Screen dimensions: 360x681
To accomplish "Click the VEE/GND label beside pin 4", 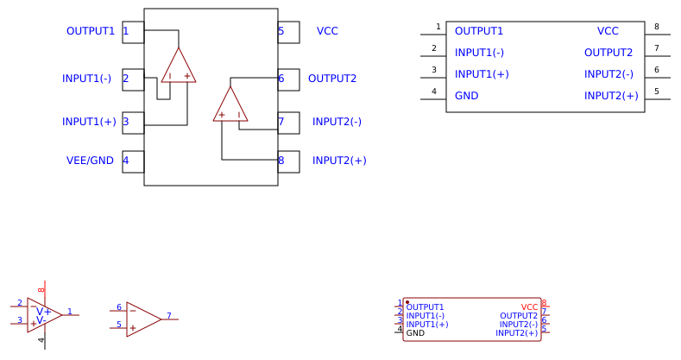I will point(90,161).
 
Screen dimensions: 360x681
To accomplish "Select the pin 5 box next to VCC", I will point(288,32).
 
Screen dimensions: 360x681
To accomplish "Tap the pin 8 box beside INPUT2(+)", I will point(288,161).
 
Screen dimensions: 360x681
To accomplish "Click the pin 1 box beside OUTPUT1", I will point(133,32).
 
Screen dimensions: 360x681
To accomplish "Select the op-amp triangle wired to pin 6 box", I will point(230,106).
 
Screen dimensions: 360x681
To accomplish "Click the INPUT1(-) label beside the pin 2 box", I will point(86,79).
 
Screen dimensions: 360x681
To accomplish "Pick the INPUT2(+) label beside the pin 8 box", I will point(339,161).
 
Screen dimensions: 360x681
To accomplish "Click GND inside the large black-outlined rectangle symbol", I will point(467,96).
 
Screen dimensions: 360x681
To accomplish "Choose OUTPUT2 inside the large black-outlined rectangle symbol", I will point(608,53).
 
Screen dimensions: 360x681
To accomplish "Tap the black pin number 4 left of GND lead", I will point(434,91).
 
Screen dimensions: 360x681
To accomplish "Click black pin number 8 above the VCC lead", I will point(656,27).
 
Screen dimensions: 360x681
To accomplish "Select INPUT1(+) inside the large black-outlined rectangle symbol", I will point(482,74).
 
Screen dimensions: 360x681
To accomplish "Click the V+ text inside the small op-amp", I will point(43,312).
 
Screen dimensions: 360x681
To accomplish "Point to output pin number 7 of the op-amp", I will point(169,316).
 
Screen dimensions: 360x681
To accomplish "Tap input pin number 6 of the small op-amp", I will point(119,307).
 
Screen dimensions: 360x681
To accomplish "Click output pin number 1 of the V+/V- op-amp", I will point(70,312).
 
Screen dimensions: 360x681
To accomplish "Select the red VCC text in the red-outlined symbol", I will point(529,307).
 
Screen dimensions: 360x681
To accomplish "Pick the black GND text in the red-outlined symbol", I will point(415,333).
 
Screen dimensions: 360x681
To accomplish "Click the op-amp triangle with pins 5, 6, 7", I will point(142,319).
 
